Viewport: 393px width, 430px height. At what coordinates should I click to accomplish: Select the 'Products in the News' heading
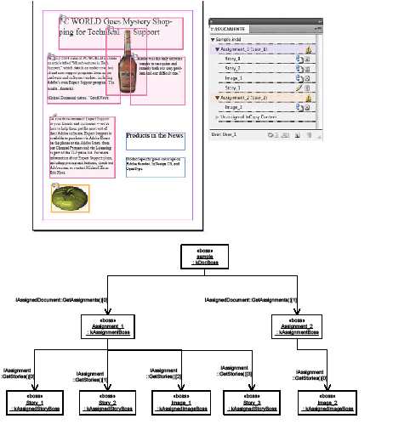pyautogui.click(x=155, y=136)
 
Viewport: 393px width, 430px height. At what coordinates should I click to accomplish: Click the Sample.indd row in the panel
pyautogui.click(x=230, y=41)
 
